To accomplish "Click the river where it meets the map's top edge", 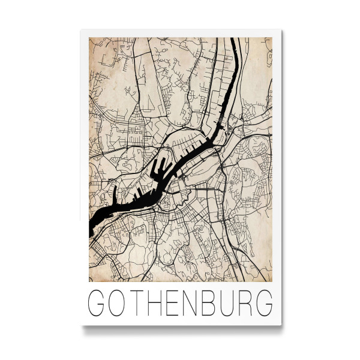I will pos(235,40).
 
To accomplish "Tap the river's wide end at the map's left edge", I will pos(92,227).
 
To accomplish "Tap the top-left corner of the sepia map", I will pos(89,38).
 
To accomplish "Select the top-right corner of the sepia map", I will pos(272,38).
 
